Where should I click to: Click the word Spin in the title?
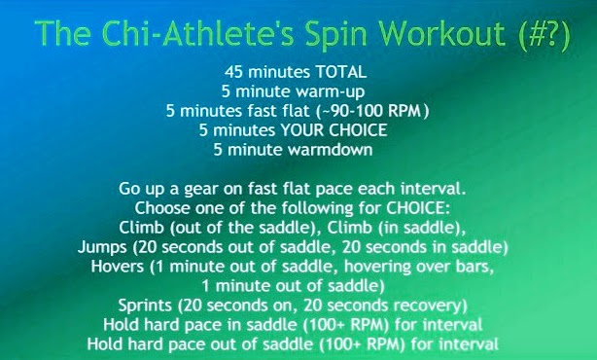[335, 35]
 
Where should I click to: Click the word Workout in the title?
[442, 33]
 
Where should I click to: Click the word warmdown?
[331, 149]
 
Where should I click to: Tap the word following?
[318, 209]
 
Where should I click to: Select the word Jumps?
[102, 247]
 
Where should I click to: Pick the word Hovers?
[118, 267]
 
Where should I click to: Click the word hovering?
[377, 267]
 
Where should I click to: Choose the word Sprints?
[145, 306]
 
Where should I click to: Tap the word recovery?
[430, 306]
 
